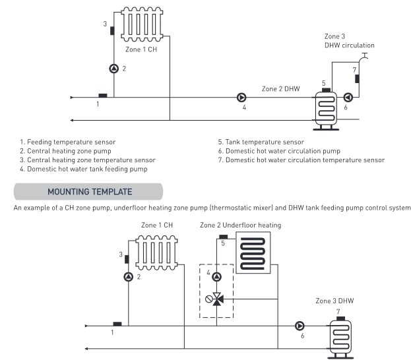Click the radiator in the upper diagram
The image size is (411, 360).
coord(142,26)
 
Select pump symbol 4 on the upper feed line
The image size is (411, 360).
coord(241,98)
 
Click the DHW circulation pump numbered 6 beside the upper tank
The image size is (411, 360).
coord(348,98)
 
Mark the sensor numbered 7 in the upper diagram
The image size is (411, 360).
coord(357,79)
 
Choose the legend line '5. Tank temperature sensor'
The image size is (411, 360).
coord(261,142)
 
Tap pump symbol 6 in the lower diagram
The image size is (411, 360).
coord(300,326)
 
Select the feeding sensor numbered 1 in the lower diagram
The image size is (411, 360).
coord(117,323)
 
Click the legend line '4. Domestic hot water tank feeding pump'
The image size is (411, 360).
coord(89,169)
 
